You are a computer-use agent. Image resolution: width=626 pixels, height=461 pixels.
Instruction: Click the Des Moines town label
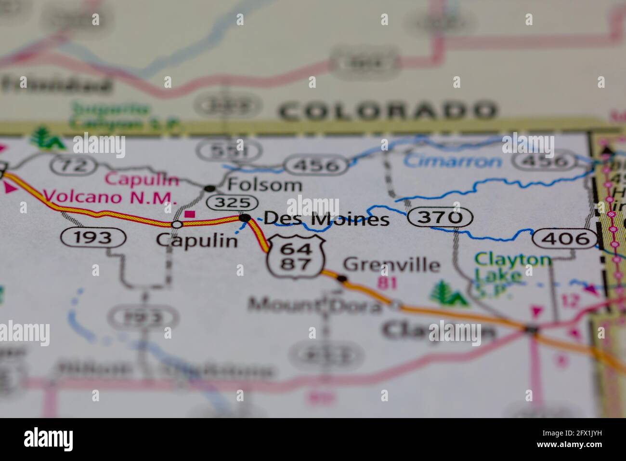click(x=326, y=219)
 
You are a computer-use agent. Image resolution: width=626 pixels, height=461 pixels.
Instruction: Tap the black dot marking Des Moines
click(x=245, y=218)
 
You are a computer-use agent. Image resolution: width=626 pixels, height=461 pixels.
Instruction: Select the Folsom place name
click(x=264, y=185)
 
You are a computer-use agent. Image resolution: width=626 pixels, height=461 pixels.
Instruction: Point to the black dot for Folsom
click(x=209, y=188)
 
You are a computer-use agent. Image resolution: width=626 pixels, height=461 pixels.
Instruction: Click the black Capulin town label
click(x=197, y=240)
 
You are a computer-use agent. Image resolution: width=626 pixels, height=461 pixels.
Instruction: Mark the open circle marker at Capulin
click(x=177, y=224)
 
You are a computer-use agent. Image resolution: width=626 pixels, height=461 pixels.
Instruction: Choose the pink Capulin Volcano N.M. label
click(x=110, y=189)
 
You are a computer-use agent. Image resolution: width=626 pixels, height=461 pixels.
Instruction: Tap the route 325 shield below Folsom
click(x=233, y=203)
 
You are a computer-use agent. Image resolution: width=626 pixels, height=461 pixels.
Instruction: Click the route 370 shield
click(x=440, y=218)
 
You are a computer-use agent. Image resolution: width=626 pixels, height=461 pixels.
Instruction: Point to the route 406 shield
click(x=565, y=239)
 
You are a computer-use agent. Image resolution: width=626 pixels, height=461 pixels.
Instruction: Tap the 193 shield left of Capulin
click(x=93, y=237)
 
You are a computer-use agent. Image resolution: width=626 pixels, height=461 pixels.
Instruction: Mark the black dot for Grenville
click(x=342, y=278)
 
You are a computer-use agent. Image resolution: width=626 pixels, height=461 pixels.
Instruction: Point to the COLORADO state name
click(x=387, y=111)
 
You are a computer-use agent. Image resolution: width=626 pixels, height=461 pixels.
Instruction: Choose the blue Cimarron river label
click(x=453, y=161)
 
